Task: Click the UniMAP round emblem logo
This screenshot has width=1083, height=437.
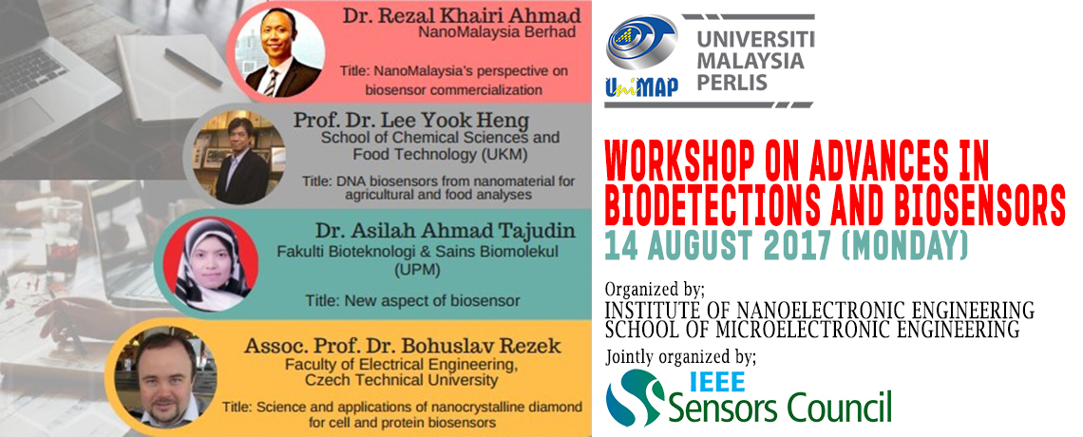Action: (x=641, y=42)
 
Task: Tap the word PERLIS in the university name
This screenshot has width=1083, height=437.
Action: (x=732, y=83)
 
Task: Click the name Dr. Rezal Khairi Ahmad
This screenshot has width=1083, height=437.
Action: (x=457, y=17)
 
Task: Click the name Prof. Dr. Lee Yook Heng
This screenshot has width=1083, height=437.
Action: (x=411, y=120)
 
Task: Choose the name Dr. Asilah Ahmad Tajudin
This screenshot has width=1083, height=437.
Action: (x=436, y=231)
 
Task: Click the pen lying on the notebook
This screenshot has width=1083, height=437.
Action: (x=193, y=66)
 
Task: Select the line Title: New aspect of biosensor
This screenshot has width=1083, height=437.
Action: (x=412, y=300)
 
